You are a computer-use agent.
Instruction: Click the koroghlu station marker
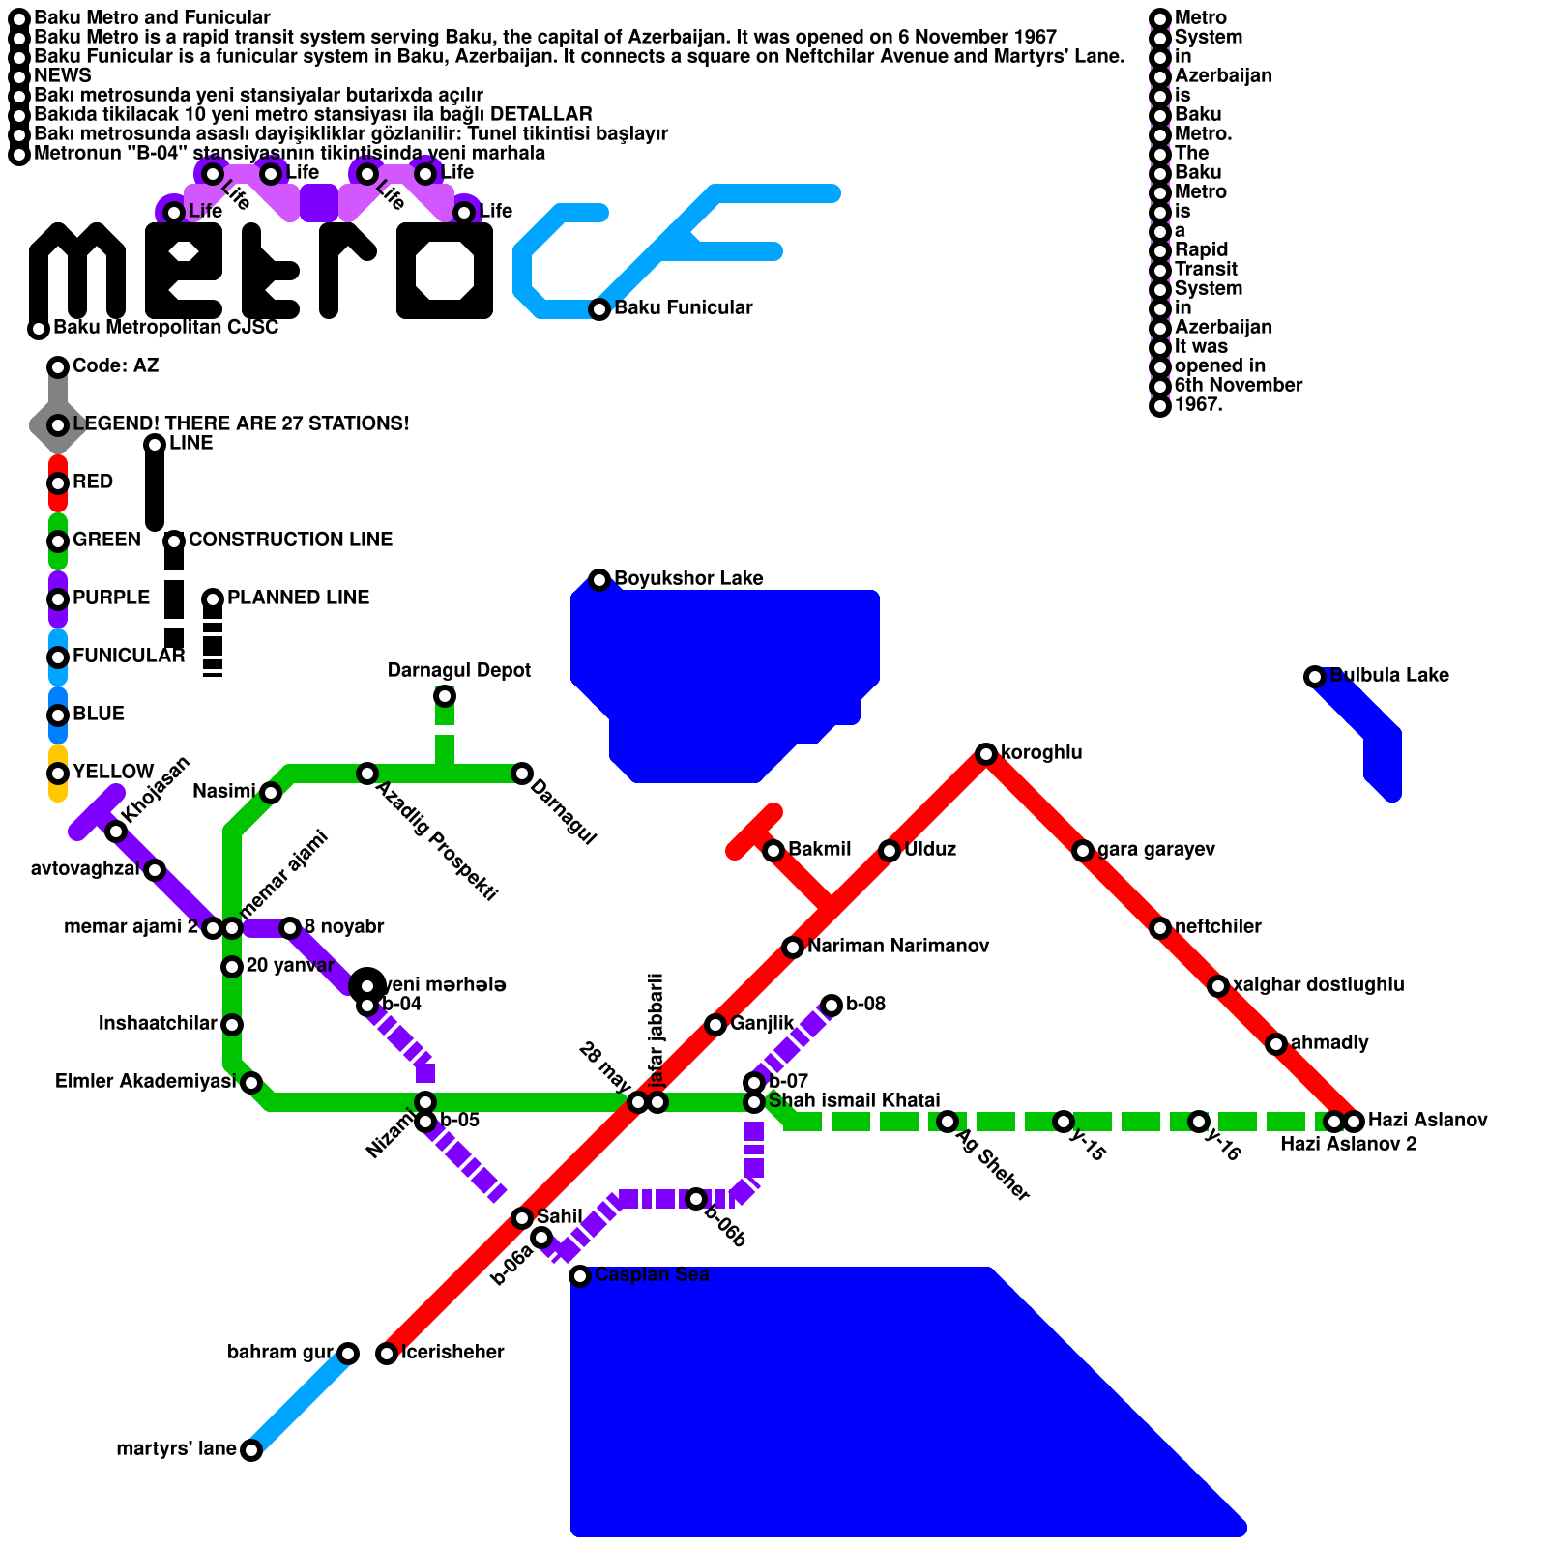[x=985, y=754]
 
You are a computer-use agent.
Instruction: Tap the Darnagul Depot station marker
[x=444, y=696]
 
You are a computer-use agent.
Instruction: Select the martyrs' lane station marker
[x=250, y=1450]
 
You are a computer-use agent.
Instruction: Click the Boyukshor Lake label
[x=688, y=579]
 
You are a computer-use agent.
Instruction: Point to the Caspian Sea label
[x=652, y=1275]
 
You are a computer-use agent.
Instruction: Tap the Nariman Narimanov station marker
[x=792, y=948]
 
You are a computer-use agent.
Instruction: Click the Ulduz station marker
[x=889, y=851]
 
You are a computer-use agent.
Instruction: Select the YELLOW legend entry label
[x=113, y=772]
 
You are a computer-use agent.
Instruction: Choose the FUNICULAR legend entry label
[x=129, y=656]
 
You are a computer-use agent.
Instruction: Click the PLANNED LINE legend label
[x=298, y=598]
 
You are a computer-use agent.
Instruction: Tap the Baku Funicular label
[x=683, y=308]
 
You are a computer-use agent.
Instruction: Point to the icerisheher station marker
[x=386, y=1354]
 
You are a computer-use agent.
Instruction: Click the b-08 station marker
[x=831, y=1006]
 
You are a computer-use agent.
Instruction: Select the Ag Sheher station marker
[x=947, y=1122]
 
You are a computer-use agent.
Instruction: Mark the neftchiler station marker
[x=1159, y=928]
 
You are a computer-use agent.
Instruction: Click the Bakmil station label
[x=819, y=850]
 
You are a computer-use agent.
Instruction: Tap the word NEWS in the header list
[x=62, y=75]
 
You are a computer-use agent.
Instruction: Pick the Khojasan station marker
[x=115, y=832]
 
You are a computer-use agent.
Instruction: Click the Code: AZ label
[x=115, y=365]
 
